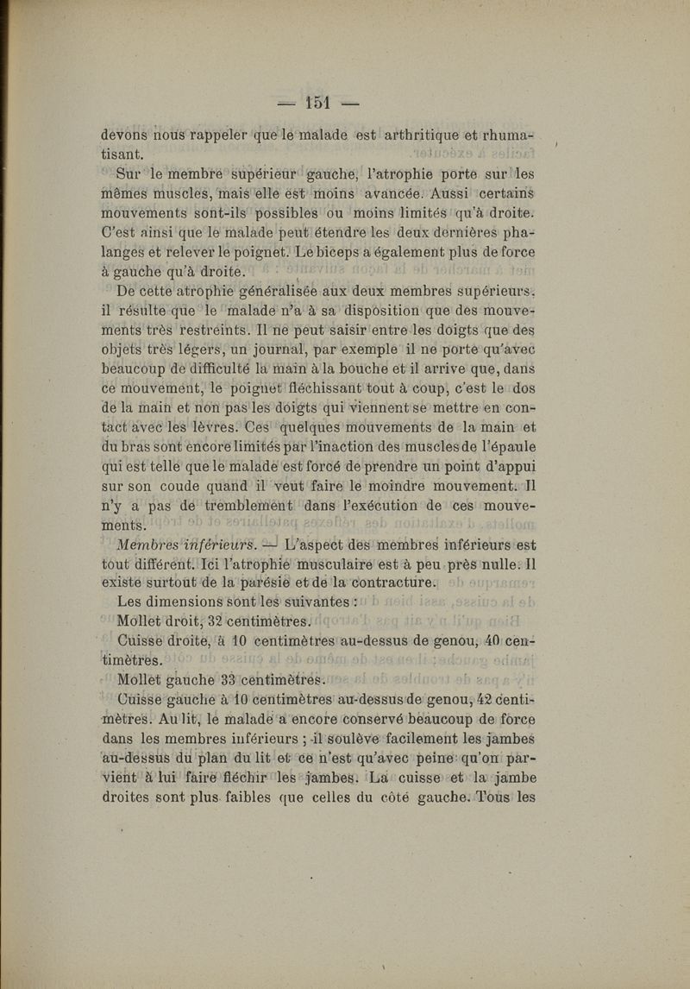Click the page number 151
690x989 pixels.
318,103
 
